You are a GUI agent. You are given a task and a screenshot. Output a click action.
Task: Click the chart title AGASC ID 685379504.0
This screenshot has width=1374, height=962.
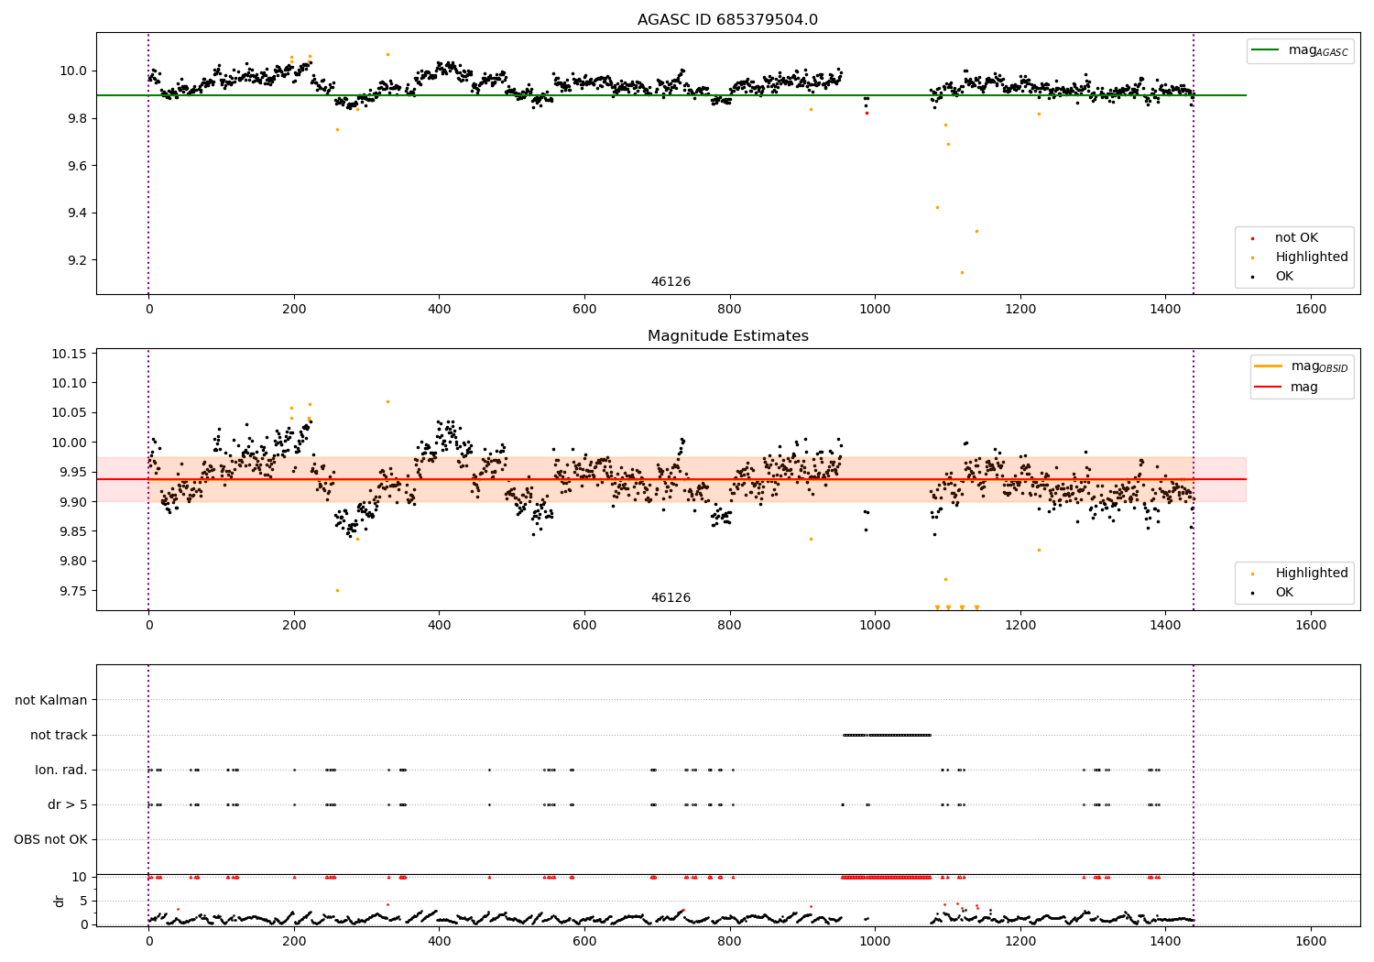pyautogui.click(x=727, y=20)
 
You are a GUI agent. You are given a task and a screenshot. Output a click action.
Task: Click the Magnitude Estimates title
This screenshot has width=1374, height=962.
pyautogui.click(x=727, y=336)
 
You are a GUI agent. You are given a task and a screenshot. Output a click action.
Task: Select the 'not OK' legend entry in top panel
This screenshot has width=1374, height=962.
pyautogui.click(x=1296, y=238)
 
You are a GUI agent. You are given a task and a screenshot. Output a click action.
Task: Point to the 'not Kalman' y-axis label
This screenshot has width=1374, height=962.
pyautogui.click(x=51, y=700)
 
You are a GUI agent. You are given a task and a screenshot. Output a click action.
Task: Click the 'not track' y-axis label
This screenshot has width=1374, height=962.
pyautogui.click(x=59, y=735)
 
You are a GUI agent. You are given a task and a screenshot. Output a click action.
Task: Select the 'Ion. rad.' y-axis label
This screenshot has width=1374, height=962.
pyautogui.click(x=61, y=770)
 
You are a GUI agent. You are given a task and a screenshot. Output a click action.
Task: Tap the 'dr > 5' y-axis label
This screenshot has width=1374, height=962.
pyautogui.click(x=68, y=804)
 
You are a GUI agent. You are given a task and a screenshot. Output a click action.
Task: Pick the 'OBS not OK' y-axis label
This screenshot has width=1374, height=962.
pyautogui.click(x=50, y=839)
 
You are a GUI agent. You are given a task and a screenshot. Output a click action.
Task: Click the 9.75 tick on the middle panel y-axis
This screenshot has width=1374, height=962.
pyautogui.click(x=74, y=591)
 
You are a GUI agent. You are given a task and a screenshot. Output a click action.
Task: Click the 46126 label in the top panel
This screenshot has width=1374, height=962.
pyautogui.click(x=671, y=282)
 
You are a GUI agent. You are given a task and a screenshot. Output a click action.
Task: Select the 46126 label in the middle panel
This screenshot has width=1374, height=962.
pyautogui.click(x=671, y=598)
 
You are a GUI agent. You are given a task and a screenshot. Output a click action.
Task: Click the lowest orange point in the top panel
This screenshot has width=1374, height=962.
pyautogui.click(x=962, y=272)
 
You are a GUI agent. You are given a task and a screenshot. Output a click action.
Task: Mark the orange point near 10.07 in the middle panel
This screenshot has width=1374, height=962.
pyautogui.click(x=387, y=401)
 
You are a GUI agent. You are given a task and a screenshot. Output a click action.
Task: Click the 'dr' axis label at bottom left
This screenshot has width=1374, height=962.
pyautogui.click(x=60, y=901)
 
